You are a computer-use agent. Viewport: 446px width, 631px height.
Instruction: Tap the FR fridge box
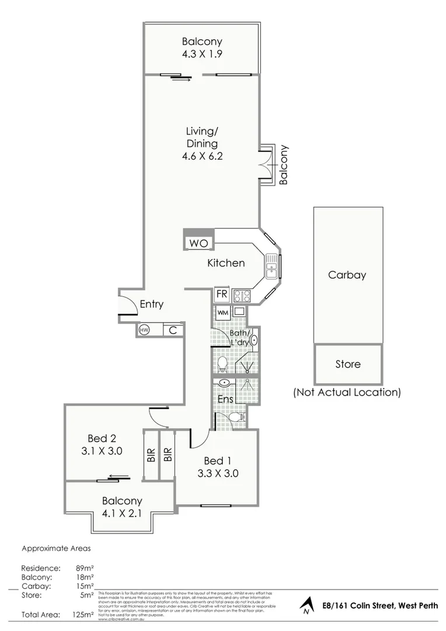click(221, 294)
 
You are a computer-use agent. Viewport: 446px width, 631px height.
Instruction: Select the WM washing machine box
click(222, 313)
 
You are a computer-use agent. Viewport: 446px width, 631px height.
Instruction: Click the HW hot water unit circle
click(144, 330)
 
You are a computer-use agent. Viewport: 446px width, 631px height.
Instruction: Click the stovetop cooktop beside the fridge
click(241, 296)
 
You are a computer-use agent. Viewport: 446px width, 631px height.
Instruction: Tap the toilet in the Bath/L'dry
click(222, 364)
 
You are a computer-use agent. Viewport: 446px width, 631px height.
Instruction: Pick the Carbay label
click(347, 275)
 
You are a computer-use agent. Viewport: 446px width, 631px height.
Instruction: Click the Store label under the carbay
click(348, 364)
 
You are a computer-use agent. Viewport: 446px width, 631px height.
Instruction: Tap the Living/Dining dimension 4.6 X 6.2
click(201, 156)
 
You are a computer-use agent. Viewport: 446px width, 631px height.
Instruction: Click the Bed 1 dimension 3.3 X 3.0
click(216, 474)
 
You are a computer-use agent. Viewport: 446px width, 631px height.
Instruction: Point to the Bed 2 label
click(98, 438)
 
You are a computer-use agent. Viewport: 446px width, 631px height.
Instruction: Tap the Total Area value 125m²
click(82, 614)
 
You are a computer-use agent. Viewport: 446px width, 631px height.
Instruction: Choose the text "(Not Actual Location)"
click(347, 393)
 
